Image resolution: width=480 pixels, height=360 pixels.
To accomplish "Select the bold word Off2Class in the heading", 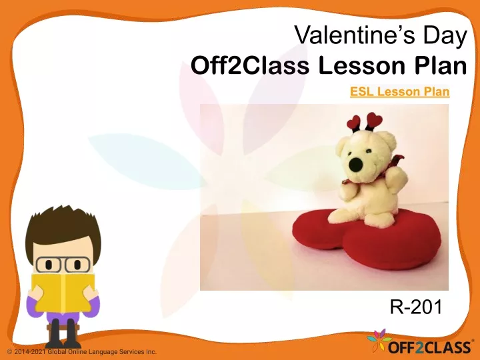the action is (x=250, y=65).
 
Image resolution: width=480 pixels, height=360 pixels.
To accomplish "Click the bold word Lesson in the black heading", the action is (x=362, y=65).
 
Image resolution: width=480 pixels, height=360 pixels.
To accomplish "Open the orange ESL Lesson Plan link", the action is (x=400, y=91).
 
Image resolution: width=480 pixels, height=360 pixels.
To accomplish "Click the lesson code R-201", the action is (x=416, y=307).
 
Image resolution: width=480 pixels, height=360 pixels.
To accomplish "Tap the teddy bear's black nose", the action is (x=356, y=165).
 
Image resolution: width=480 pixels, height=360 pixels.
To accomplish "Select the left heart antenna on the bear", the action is (x=354, y=123).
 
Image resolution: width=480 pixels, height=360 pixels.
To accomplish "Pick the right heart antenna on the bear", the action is (x=374, y=121).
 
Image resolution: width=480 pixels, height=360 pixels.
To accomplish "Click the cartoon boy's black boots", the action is (x=63, y=334).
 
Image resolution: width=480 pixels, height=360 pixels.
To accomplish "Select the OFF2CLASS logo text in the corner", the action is (x=429, y=347).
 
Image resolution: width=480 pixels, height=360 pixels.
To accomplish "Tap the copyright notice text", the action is (x=82, y=352).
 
